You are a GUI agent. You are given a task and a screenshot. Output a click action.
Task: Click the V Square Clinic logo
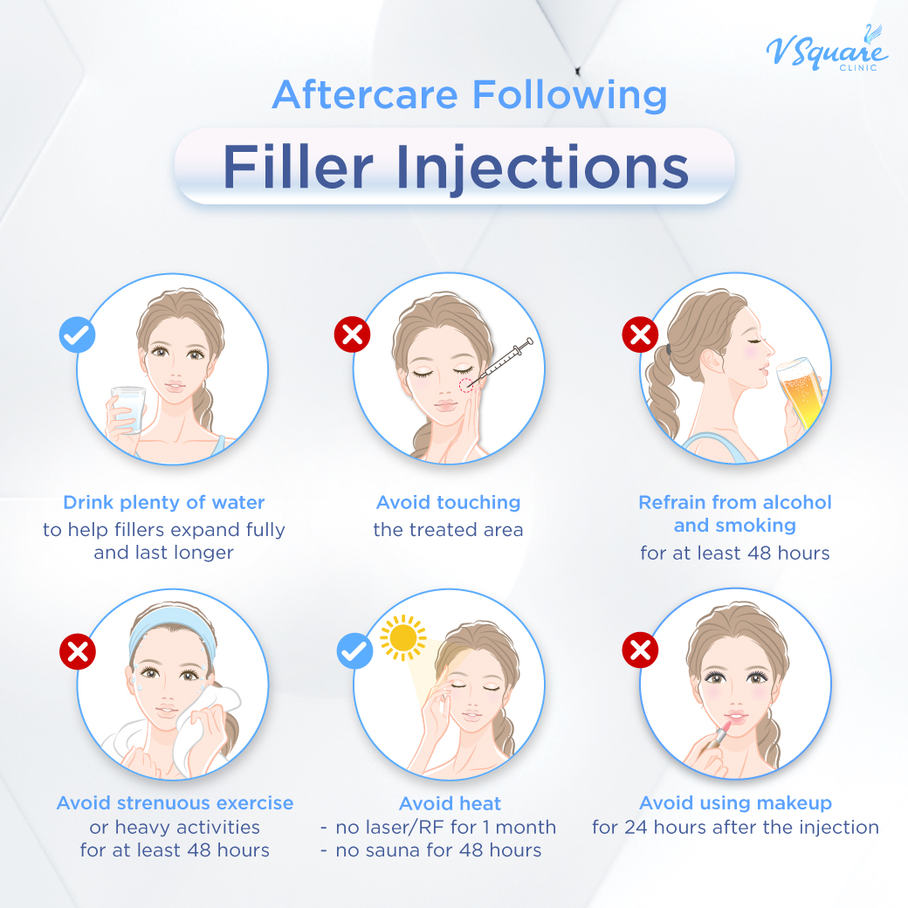point(826,51)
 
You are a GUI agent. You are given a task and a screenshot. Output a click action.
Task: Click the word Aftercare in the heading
point(366,94)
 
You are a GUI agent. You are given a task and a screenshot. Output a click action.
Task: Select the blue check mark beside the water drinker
point(77,334)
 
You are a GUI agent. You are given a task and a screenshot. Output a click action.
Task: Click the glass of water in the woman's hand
point(127,409)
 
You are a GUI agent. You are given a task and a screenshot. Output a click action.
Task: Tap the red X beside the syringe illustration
point(353,334)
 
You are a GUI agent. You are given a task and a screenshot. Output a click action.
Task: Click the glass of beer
point(799,393)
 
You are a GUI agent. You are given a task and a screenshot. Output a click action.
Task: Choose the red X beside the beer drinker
point(639,334)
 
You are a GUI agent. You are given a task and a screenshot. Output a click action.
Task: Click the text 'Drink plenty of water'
point(164,503)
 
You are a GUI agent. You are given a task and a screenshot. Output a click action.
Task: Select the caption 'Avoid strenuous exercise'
point(175,803)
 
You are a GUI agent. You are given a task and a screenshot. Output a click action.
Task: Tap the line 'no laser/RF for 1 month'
point(445,827)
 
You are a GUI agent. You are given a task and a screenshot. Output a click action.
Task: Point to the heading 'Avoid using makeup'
point(735,803)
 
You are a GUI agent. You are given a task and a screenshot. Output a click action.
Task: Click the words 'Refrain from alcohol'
point(735,503)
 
